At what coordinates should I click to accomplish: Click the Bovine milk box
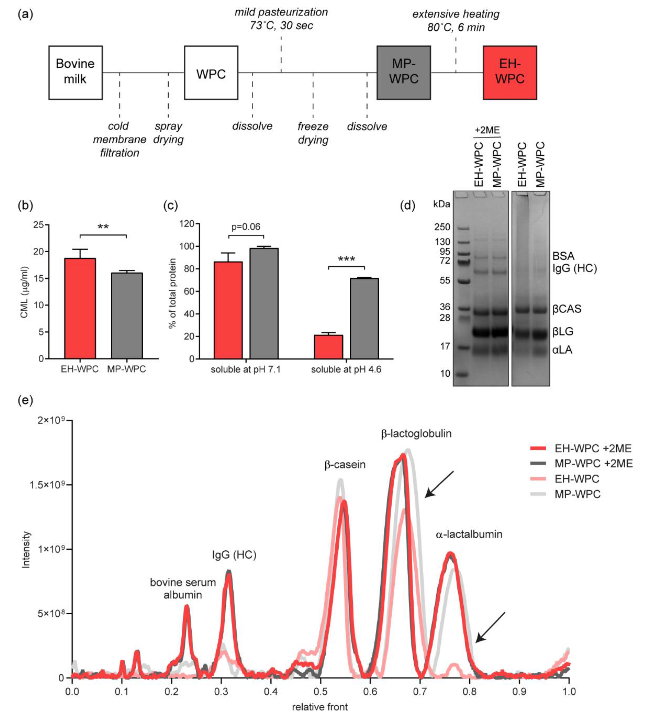[75, 72]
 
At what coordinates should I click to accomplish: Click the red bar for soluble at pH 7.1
[228, 310]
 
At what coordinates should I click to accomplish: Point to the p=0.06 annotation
[246, 227]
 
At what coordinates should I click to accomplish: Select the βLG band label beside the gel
[563, 332]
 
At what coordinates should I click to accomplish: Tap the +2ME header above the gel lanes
[487, 130]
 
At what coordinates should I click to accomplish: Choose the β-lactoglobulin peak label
[416, 434]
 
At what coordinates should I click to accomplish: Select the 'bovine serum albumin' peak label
[183, 588]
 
